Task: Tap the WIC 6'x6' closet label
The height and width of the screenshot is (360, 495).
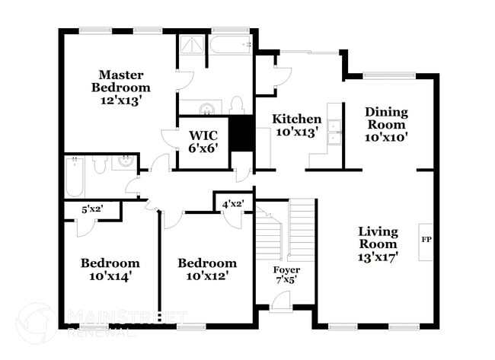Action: click(203, 142)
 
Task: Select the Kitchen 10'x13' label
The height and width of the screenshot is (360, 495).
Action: click(297, 126)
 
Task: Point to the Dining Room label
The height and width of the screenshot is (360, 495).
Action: click(387, 125)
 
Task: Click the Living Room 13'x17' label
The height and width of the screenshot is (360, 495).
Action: click(378, 244)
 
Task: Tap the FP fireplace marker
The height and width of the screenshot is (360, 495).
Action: click(426, 239)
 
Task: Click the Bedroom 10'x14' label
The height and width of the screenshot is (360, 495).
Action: click(110, 269)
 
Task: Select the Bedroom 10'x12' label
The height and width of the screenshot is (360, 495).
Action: click(206, 269)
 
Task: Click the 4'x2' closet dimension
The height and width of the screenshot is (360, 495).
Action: click(232, 203)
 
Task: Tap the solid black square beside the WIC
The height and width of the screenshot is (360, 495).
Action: click(241, 135)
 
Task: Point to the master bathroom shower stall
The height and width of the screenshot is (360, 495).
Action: click(193, 48)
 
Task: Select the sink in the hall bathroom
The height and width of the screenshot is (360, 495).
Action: click(123, 161)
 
